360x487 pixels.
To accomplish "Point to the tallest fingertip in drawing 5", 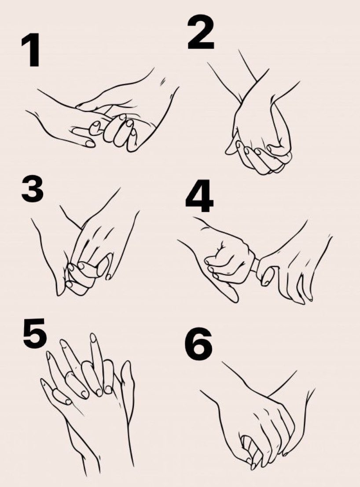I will (93, 338).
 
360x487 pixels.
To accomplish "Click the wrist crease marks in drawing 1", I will (163, 82).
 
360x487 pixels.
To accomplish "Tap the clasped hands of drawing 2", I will (260, 141).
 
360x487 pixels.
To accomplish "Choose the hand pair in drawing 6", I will (260, 423).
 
